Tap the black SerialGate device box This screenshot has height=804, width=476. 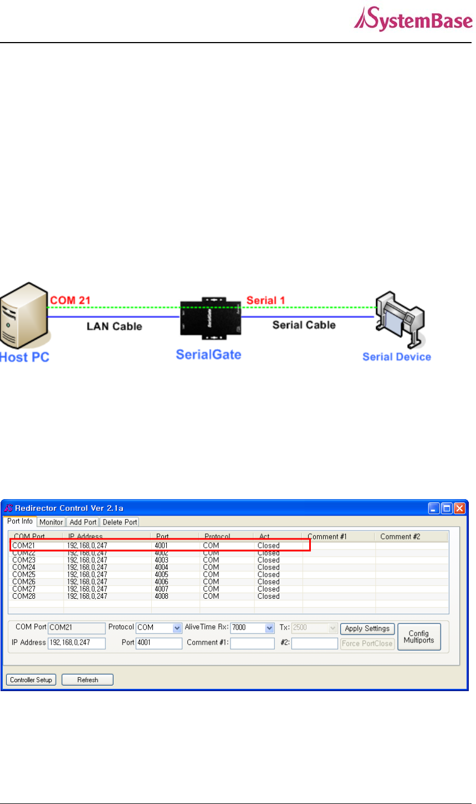click(210, 321)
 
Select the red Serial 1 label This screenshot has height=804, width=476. click(265, 300)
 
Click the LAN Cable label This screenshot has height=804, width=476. click(114, 326)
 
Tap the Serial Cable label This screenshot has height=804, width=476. click(304, 325)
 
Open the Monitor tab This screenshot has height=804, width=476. click(52, 522)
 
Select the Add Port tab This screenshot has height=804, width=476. click(83, 522)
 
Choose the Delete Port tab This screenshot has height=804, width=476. click(119, 522)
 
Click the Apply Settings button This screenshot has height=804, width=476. click(367, 629)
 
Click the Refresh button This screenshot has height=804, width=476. click(88, 679)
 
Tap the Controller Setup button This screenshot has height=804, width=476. click(31, 679)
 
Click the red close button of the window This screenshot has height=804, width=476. click(459, 508)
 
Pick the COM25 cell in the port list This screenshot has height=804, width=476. click(24, 574)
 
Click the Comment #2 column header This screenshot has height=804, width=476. click(400, 536)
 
